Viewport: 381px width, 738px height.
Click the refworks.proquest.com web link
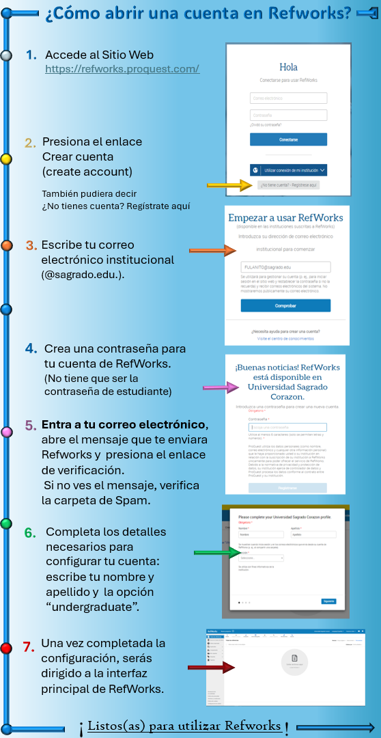tap(122, 69)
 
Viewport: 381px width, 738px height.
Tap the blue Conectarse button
tap(288, 139)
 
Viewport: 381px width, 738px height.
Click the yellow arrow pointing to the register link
tap(229, 185)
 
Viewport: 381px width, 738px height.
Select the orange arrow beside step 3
tap(211, 251)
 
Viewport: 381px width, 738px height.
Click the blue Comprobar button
tap(285, 305)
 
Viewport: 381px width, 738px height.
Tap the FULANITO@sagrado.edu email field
tap(286, 267)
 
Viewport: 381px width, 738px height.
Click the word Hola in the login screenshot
tap(289, 68)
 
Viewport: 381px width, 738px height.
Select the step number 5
tap(31, 425)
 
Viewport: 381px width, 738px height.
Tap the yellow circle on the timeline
tap(6, 159)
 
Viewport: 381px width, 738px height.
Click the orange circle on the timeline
tap(7, 245)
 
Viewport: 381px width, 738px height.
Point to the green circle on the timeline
tap(6, 523)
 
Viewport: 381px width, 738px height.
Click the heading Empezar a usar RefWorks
tap(285, 218)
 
